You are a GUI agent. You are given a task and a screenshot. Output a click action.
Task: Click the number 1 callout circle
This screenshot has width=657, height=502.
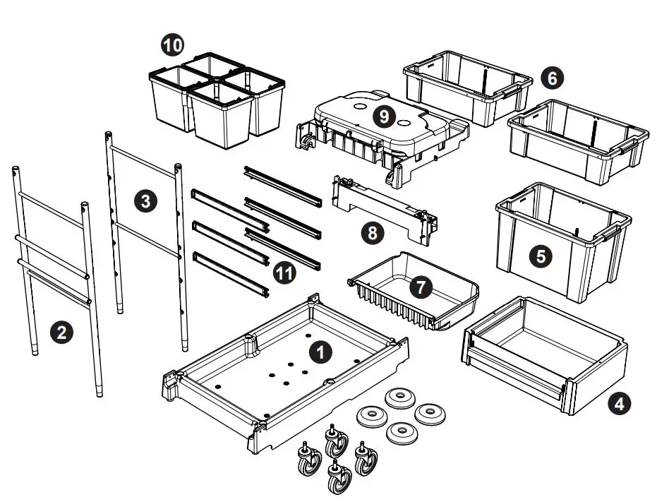321,350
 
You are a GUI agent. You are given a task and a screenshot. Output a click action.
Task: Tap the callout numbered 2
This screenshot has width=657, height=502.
62,332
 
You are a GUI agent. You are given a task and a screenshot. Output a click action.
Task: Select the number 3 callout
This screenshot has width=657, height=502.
145,201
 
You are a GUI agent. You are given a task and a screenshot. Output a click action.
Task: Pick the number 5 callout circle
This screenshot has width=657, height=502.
541,256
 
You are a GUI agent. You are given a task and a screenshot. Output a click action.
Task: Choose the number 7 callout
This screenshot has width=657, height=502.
421,287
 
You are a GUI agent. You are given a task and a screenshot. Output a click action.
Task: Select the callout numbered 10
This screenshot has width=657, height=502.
171,46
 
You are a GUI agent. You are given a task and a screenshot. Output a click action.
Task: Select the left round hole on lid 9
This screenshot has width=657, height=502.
358,109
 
